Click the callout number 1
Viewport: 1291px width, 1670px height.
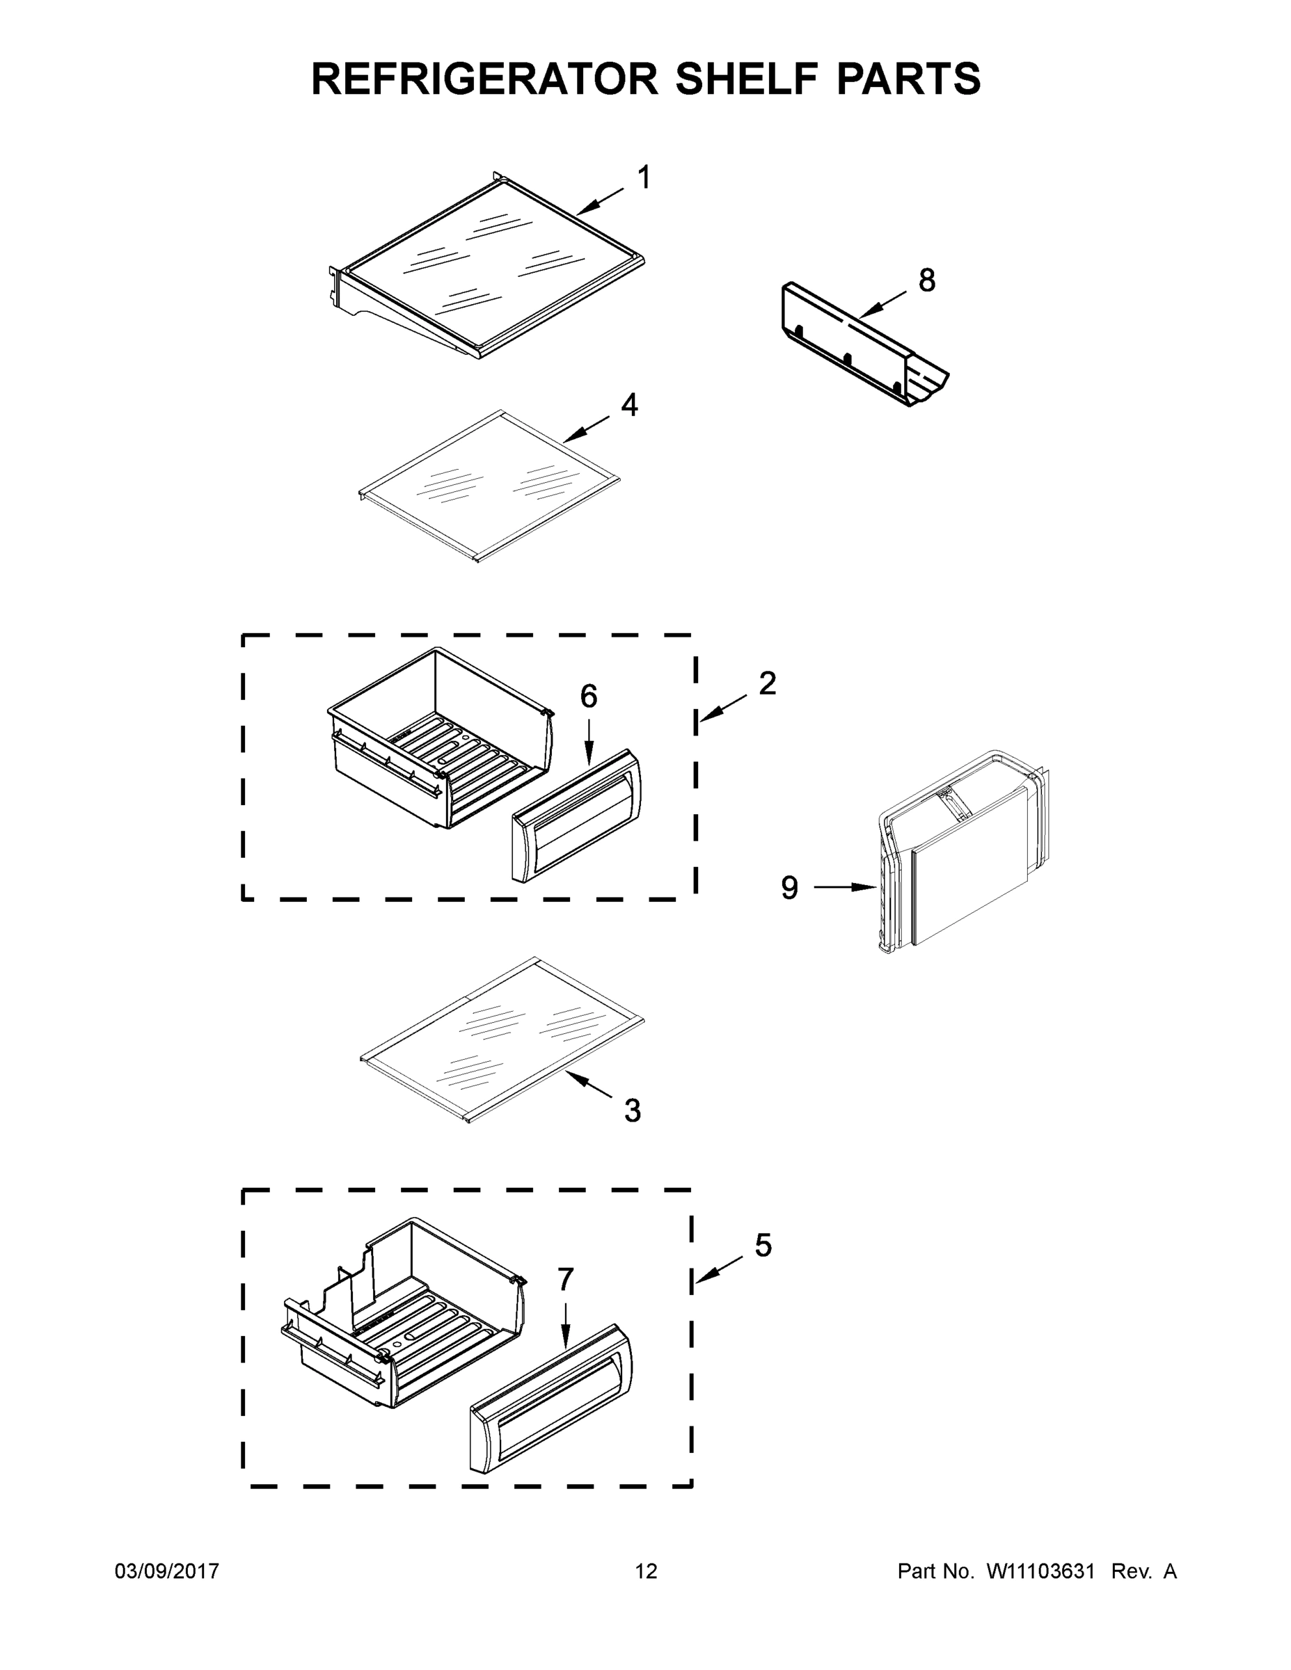[644, 177]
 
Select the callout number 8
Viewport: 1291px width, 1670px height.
[926, 280]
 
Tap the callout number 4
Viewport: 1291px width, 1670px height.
[628, 405]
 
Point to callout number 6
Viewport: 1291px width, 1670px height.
[588, 697]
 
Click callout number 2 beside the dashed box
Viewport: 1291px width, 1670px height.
[767, 683]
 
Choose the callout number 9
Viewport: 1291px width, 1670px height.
[789, 888]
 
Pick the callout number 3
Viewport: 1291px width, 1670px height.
[632, 1111]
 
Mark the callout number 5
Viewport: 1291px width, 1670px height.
[763, 1246]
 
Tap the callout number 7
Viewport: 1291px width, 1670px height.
[565, 1278]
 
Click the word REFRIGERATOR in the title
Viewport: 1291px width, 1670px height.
[484, 79]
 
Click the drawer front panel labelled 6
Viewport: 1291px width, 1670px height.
[576, 816]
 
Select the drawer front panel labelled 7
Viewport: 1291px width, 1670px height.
[551, 1397]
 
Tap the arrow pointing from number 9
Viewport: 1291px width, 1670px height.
[845, 887]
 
